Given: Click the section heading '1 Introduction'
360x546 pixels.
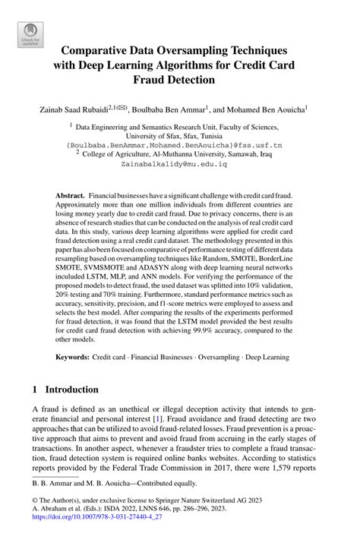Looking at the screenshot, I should pyautogui.click(x=66, y=390).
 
